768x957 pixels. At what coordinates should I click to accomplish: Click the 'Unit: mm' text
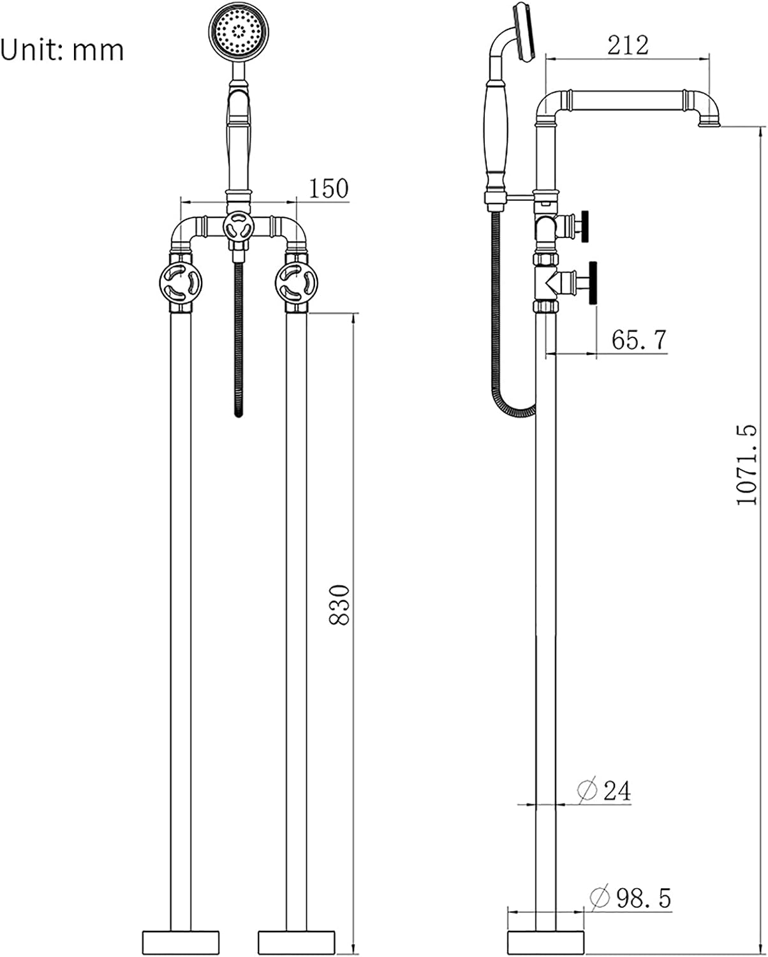point(62,50)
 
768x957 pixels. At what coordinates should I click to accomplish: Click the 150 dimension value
point(329,189)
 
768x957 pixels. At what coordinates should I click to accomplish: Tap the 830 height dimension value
point(340,605)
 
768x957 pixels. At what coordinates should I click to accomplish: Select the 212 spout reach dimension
point(628,45)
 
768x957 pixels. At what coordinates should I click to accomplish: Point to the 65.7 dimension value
point(639,340)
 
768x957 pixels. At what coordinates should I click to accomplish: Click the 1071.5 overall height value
point(747,464)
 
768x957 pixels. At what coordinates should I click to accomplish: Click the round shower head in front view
point(239,31)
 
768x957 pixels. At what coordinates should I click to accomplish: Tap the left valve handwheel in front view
point(181,283)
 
